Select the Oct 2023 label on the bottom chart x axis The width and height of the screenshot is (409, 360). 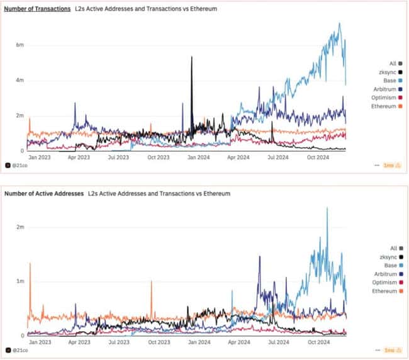tap(159, 342)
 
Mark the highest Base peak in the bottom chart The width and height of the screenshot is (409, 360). tap(327, 209)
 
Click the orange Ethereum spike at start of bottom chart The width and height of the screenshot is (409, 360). tap(30, 264)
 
